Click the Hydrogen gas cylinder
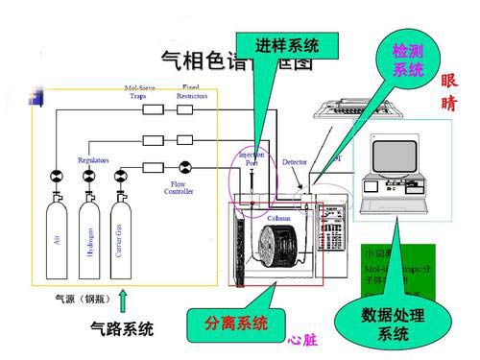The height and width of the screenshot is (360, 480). point(89,236)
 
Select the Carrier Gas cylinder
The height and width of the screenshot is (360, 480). point(121,236)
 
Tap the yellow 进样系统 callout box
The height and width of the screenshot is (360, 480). point(287,45)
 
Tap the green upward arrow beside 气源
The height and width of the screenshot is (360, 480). point(123,300)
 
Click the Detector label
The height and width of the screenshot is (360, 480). point(295,162)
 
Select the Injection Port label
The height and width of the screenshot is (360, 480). point(251,157)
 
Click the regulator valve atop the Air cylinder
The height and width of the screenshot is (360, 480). point(57,177)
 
